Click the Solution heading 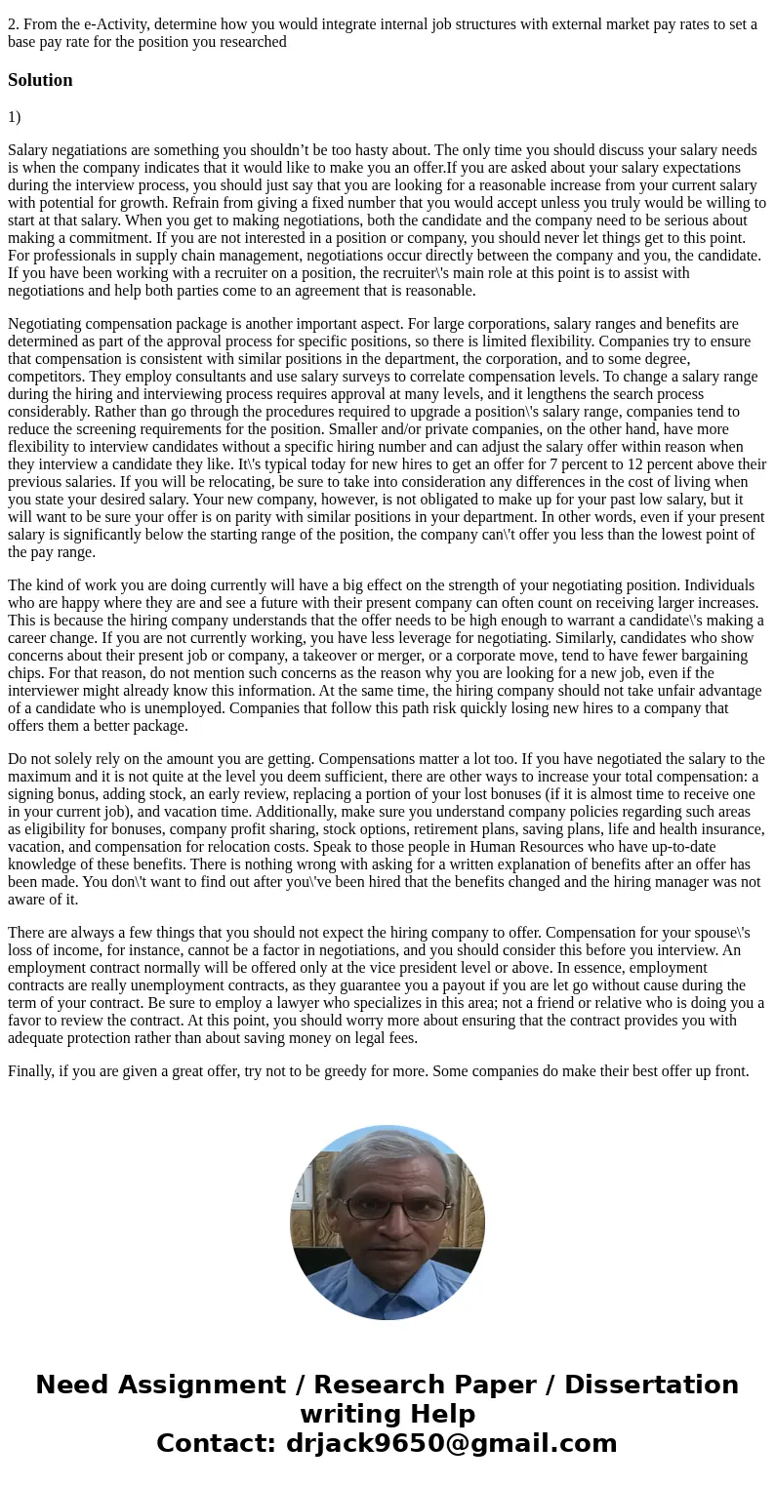click(x=40, y=80)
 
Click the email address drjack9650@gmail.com click(x=451, y=1443)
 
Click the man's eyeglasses click(x=387, y=1208)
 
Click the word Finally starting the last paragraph click(x=30, y=1071)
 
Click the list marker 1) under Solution click(x=15, y=117)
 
